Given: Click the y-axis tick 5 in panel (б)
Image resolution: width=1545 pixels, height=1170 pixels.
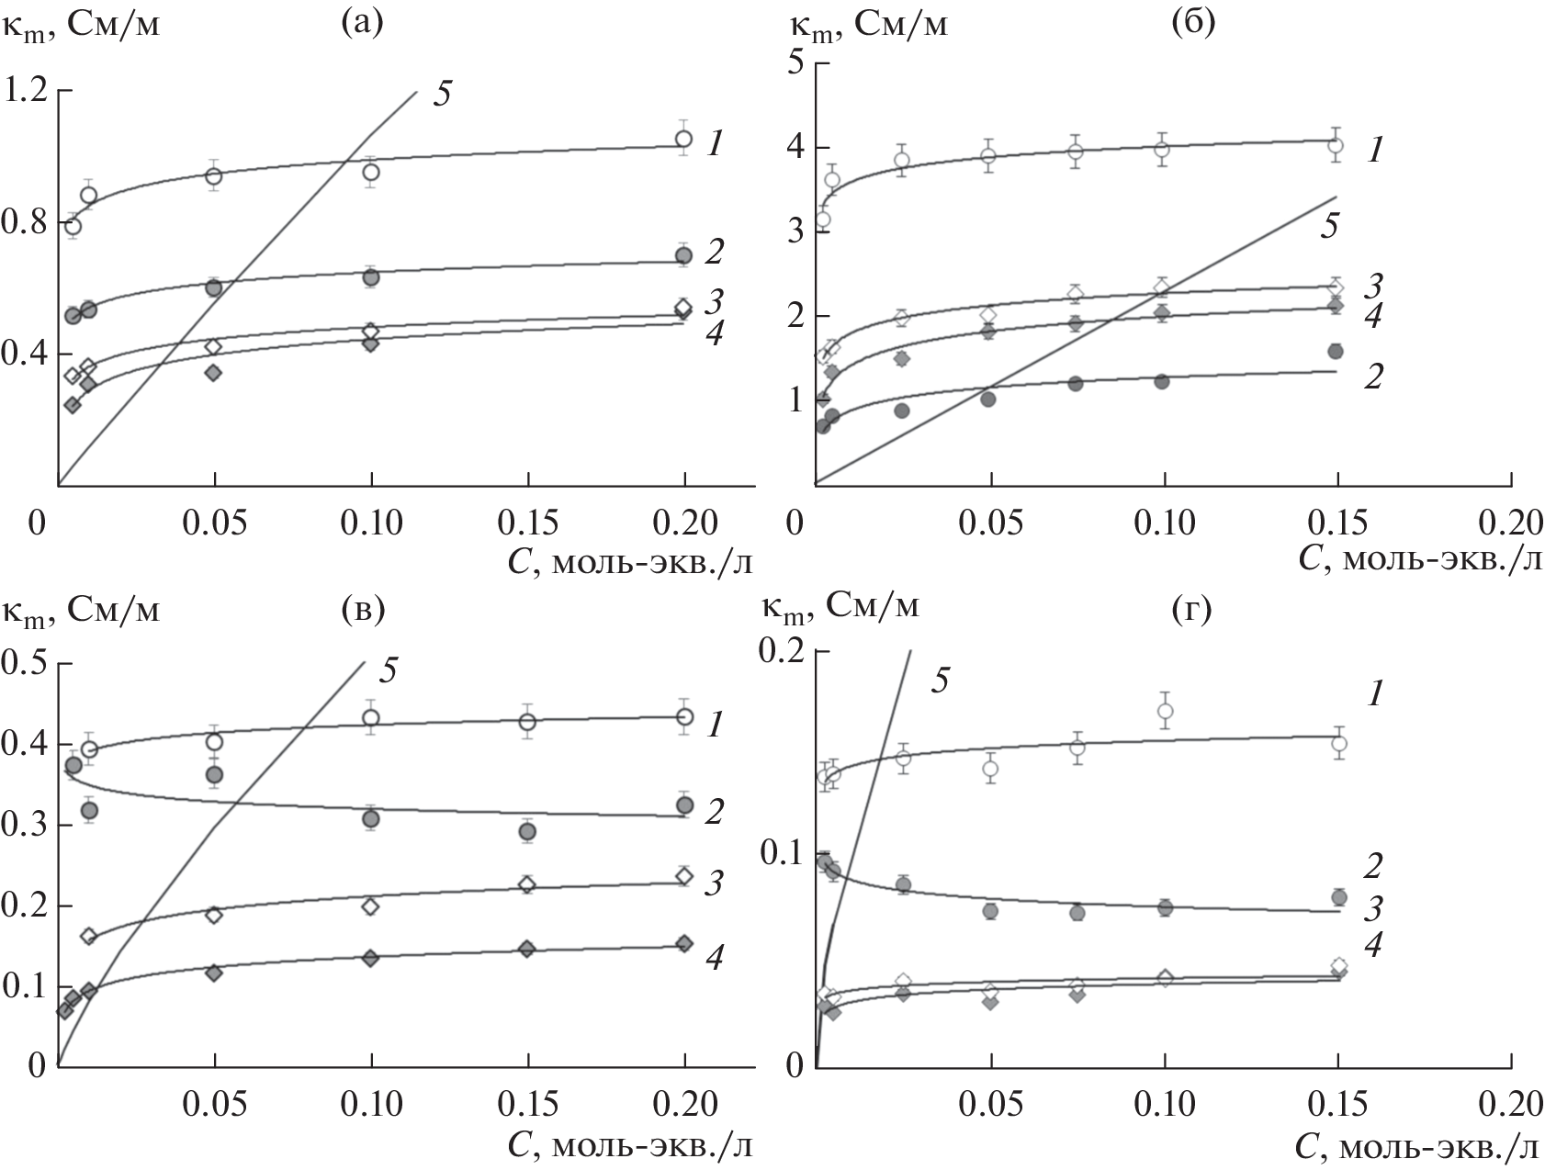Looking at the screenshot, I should click(x=795, y=62).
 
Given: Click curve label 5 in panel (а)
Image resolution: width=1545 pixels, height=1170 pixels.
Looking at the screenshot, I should click(x=441, y=95).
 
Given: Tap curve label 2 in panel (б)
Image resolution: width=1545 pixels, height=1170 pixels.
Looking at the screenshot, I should click(x=1372, y=377).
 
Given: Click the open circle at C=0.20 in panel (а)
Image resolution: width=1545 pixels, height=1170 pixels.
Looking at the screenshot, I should click(x=683, y=139).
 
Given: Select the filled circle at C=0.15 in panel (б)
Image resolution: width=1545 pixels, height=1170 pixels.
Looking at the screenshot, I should click(x=1336, y=351).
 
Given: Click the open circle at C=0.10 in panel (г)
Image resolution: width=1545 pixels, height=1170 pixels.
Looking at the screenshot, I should click(x=1165, y=710).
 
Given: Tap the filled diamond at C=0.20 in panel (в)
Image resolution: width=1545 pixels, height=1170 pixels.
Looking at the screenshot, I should click(x=683, y=943).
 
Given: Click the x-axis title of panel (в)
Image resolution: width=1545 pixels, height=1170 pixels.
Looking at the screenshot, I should click(x=634, y=1147).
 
